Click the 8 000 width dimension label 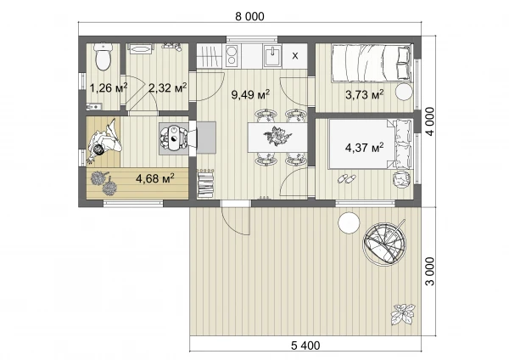[249, 16]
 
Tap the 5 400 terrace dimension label [305, 346]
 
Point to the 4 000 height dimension [430, 121]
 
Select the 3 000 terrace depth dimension [430, 272]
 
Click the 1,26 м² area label [109, 87]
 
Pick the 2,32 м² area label [167, 87]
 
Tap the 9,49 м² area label [250, 95]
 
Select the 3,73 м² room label [364, 95]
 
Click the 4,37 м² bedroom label [364, 148]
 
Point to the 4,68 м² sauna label [155, 178]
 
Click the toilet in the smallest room [103, 56]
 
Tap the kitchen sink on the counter [272, 56]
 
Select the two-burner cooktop [232, 56]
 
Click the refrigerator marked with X [294, 56]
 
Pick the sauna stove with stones [174, 138]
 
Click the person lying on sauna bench [103, 142]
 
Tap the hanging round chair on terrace [384, 242]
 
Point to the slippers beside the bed [347, 178]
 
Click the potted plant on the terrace [403, 314]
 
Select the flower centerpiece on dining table [277, 137]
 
